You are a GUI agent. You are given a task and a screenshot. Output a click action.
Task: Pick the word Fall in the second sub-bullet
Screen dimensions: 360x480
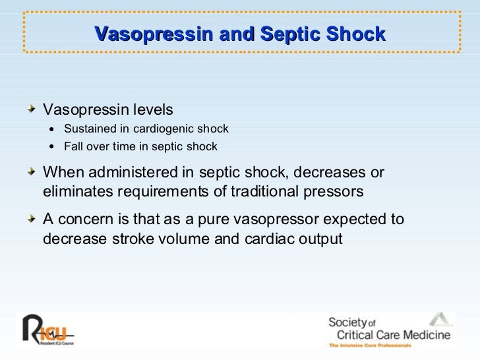[73, 146]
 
